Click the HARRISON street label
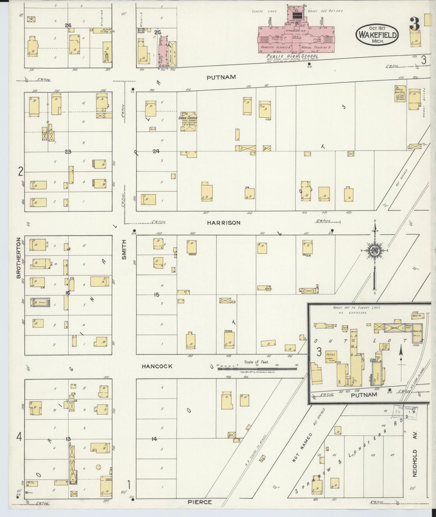(224, 223)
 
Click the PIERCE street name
(199, 502)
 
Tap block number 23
(68, 152)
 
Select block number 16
(68, 293)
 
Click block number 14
(154, 439)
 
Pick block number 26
(68, 26)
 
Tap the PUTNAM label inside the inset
(364, 395)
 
